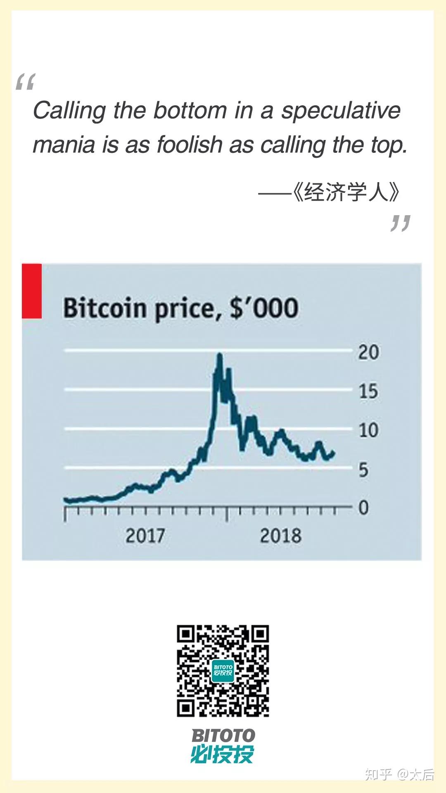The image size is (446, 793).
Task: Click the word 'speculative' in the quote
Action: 341,111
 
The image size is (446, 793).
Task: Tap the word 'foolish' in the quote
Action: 190,145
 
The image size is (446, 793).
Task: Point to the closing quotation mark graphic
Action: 400,223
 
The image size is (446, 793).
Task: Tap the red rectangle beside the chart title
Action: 32,291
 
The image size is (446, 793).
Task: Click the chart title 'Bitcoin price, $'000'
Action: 180,309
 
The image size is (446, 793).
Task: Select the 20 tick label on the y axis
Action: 368,352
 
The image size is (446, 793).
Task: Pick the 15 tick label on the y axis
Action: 368,391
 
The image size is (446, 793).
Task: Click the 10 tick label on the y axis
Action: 368,430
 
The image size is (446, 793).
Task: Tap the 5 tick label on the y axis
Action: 363,470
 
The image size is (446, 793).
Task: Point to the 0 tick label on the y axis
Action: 363,508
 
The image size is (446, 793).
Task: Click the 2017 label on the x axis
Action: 145,536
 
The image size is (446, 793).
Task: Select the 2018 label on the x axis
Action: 280,536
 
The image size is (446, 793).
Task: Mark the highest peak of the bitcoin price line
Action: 220,355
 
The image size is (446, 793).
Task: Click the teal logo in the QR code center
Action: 223,671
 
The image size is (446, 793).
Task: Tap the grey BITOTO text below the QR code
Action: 223,736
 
